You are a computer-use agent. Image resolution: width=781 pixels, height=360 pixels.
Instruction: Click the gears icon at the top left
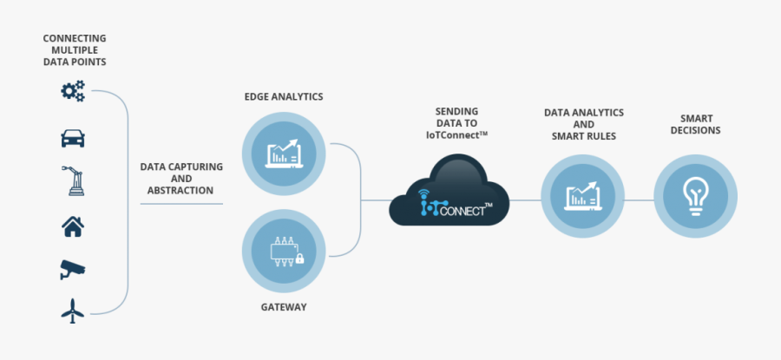(x=73, y=90)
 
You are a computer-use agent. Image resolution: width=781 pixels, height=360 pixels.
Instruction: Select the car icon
(x=73, y=137)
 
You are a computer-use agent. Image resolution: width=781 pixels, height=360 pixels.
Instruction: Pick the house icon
(x=73, y=226)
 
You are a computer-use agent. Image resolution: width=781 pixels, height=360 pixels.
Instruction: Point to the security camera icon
(x=73, y=269)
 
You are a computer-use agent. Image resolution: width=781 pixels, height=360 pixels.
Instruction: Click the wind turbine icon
(x=73, y=311)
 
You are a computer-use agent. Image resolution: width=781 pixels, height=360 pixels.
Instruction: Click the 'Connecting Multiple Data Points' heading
(x=74, y=49)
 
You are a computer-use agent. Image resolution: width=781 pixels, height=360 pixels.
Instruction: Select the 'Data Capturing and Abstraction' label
(x=181, y=179)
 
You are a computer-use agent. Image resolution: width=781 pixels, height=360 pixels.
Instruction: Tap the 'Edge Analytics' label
(x=283, y=96)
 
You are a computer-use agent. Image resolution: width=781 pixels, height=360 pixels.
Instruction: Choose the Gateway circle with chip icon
(x=284, y=251)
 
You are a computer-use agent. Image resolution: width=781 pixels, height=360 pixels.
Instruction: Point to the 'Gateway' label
(x=283, y=307)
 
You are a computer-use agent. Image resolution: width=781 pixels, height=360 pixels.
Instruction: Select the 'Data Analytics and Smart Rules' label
(x=583, y=124)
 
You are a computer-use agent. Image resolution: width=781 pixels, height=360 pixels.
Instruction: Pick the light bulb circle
(x=694, y=198)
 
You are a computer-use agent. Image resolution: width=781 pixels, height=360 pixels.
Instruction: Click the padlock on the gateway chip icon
(x=299, y=258)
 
